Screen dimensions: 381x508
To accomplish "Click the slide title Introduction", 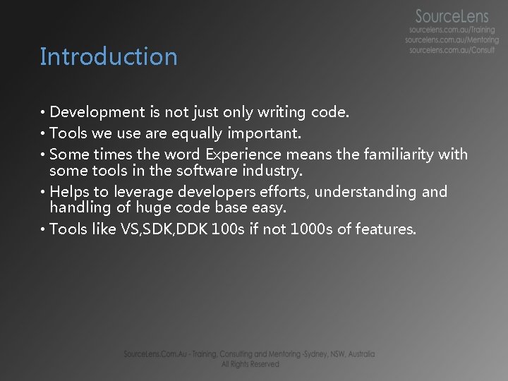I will click(x=109, y=56).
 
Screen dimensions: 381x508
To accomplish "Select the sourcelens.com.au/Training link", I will click(x=452, y=30).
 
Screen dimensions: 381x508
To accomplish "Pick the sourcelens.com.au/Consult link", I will click(x=452, y=51).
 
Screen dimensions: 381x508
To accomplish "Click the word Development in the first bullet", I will click(x=97, y=112).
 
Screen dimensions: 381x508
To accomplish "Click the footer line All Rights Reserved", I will click(x=250, y=364).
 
